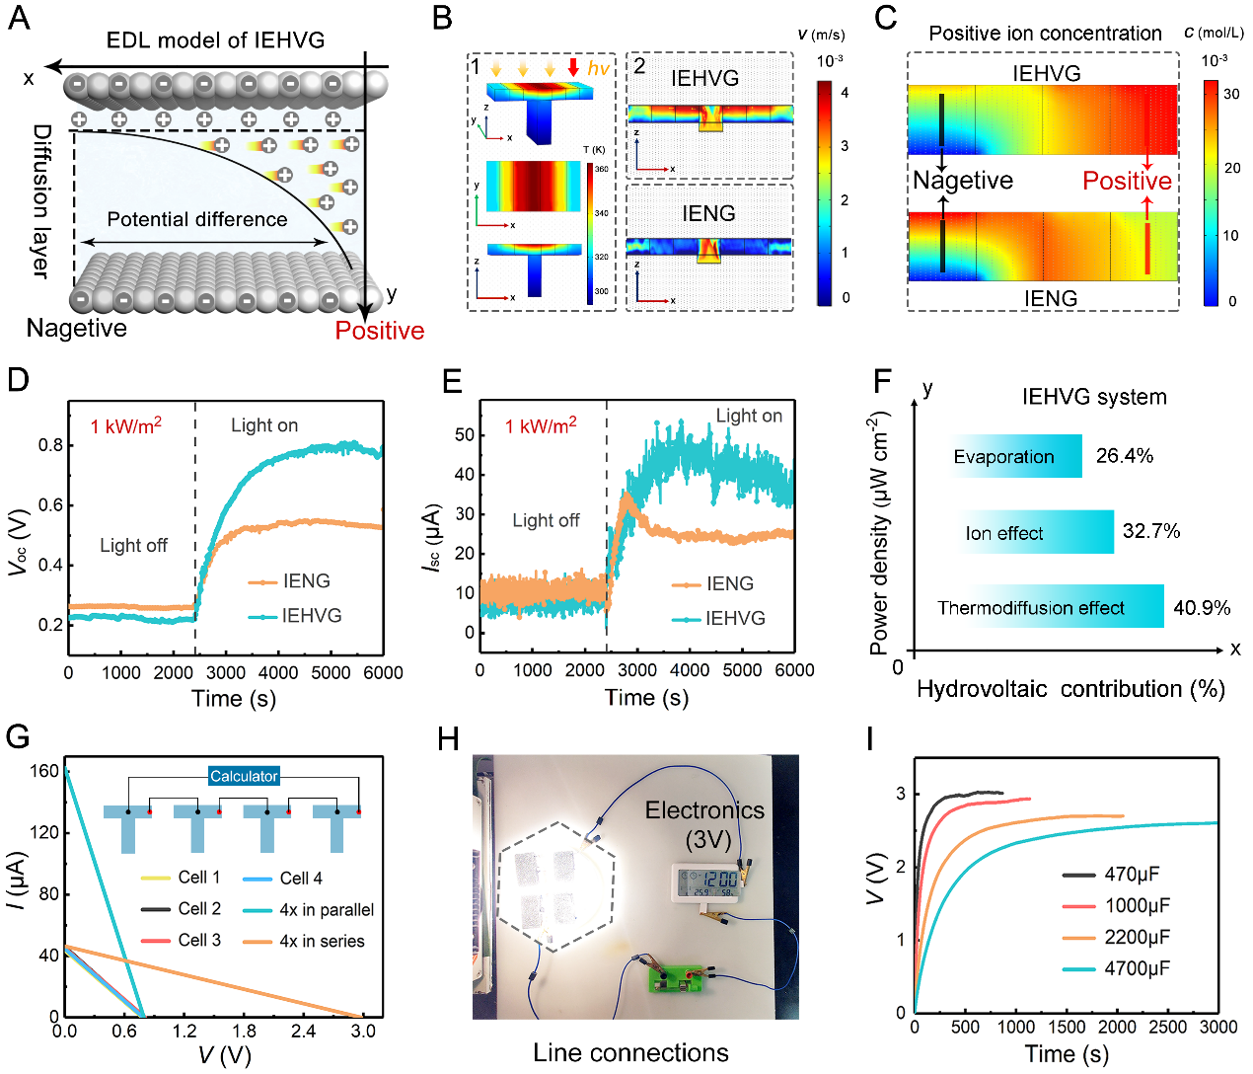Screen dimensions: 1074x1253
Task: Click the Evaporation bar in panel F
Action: pos(1016,456)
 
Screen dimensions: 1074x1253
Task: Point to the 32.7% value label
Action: pos(1151,531)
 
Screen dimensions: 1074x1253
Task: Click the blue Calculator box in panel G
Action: pos(244,776)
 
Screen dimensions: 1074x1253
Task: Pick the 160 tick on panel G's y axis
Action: pos(44,771)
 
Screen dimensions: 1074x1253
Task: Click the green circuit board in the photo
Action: pos(679,978)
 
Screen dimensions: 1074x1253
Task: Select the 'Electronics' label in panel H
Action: pos(704,810)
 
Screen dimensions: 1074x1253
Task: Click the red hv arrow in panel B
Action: pos(573,67)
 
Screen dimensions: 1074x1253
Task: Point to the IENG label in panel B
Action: pos(708,213)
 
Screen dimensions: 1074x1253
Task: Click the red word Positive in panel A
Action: pos(380,331)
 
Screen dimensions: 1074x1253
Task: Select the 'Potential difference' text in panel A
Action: pos(197,219)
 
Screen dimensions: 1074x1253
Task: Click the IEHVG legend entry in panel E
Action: pos(735,618)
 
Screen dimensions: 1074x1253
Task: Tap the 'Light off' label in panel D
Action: pos(133,545)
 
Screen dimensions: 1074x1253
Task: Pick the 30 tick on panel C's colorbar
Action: pos(1231,94)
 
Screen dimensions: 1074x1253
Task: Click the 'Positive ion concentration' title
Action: pos(1045,34)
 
